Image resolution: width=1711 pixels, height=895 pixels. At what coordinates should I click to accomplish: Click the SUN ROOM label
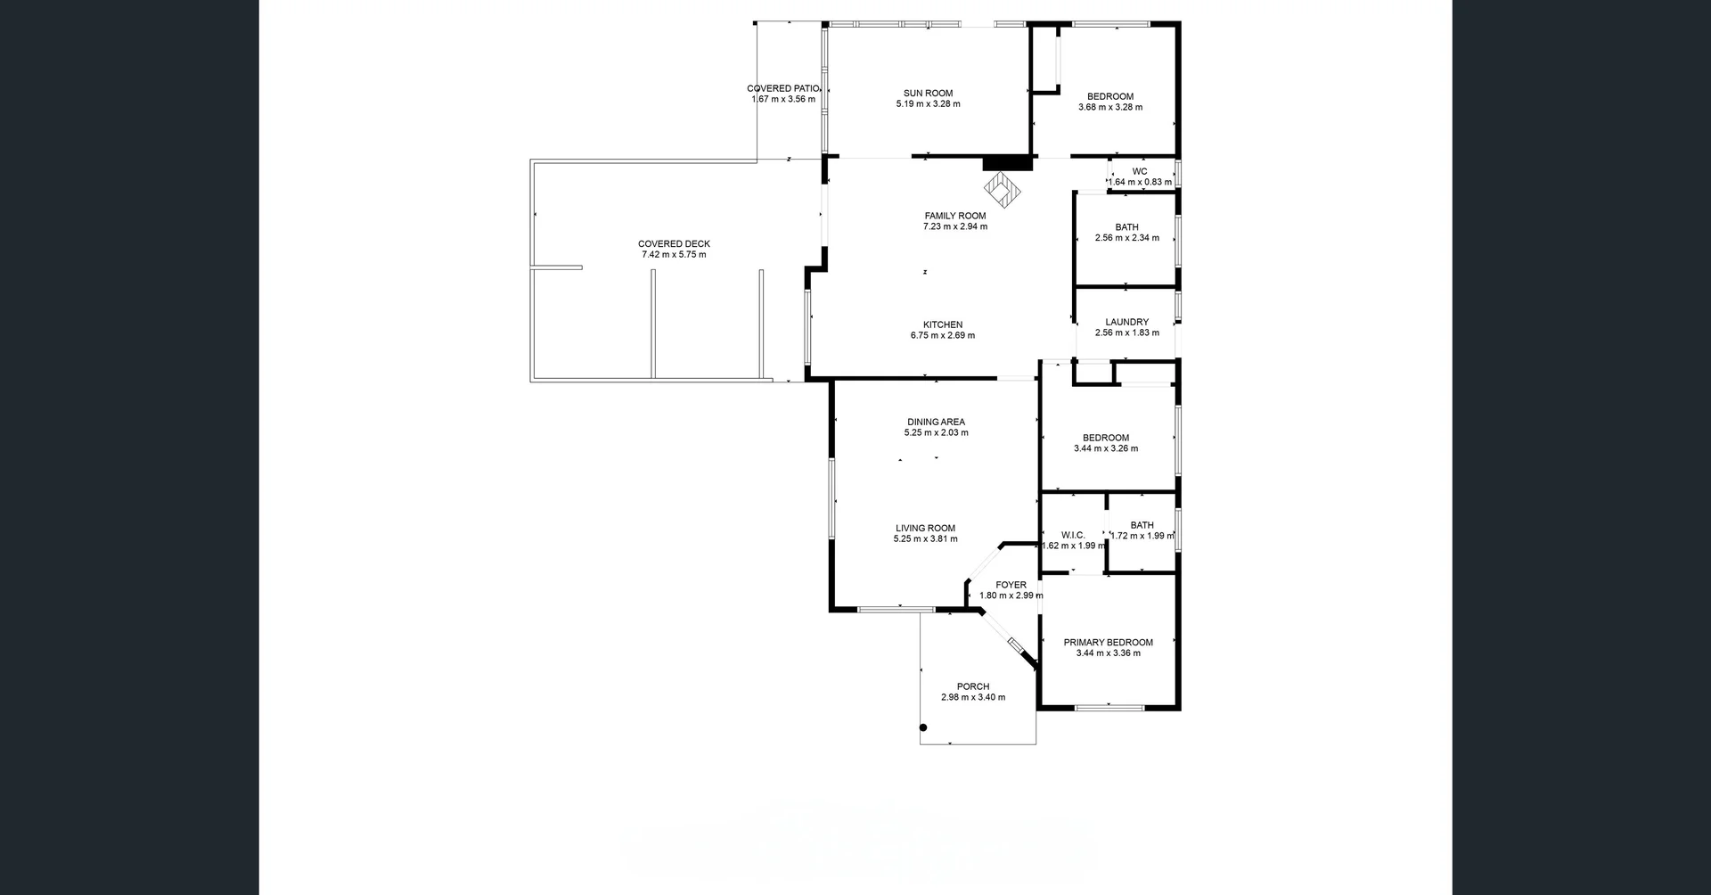click(928, 93)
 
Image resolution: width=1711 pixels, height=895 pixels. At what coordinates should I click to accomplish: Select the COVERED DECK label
click(674, 243)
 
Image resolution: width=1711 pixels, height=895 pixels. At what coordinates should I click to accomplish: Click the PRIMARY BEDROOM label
click(1108, 642)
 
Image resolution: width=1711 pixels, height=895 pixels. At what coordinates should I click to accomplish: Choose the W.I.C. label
click(1073, 535)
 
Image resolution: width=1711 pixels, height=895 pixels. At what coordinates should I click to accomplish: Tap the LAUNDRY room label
click(1126, 322)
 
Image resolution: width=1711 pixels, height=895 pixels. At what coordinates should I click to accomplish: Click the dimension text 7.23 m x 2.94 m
click(955, 226)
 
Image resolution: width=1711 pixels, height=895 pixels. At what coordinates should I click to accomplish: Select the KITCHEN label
click(943, 324)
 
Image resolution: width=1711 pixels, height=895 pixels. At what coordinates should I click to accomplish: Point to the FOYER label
click(1011, 585)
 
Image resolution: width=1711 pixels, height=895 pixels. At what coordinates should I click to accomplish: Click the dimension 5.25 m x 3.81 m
click(926, 538)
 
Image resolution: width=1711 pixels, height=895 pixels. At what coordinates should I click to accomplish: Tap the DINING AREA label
click(936, 422)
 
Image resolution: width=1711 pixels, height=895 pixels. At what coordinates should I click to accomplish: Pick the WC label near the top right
click(1140, 171)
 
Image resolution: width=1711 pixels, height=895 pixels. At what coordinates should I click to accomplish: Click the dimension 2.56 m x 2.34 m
click(1127, 238)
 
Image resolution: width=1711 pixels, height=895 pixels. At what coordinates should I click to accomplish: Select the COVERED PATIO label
click(783, 88)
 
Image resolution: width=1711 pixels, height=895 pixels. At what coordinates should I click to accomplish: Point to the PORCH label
click(973, 686)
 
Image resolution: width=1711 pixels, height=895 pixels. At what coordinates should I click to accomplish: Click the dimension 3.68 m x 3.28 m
click(1110, 107)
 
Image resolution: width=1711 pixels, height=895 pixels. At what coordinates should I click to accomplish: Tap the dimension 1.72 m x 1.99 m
click(1142, 536)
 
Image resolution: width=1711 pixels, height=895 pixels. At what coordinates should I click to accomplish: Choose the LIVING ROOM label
click(925, 528)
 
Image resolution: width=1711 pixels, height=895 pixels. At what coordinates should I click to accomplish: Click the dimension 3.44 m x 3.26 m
click(1106, 448)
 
